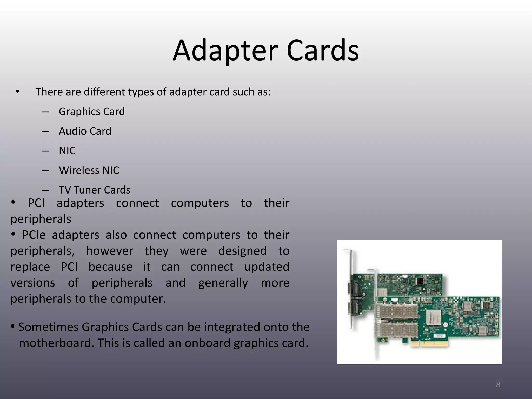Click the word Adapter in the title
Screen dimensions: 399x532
pyautogui.click(x=225, y=50)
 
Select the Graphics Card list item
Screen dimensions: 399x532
pyautogui.click(x=92, y=111)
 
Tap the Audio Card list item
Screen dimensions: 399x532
pyautogui.click(x=85, y=131)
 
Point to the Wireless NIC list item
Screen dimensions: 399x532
pyautogui.click(x=89, y=170)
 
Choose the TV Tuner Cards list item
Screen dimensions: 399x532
pyautogui.click(x=95, y=190)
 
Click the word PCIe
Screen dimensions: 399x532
pyautogui.click(x=34, y=235)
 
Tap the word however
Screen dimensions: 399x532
pyautogui.click(x=109, y=251)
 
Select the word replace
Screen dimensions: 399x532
pyautogui.click(x=30, y=267)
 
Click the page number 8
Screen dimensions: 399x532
pyautogui.click(x=498, y=384)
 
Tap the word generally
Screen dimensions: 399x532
pyautogui.click(x=223, y=283)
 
